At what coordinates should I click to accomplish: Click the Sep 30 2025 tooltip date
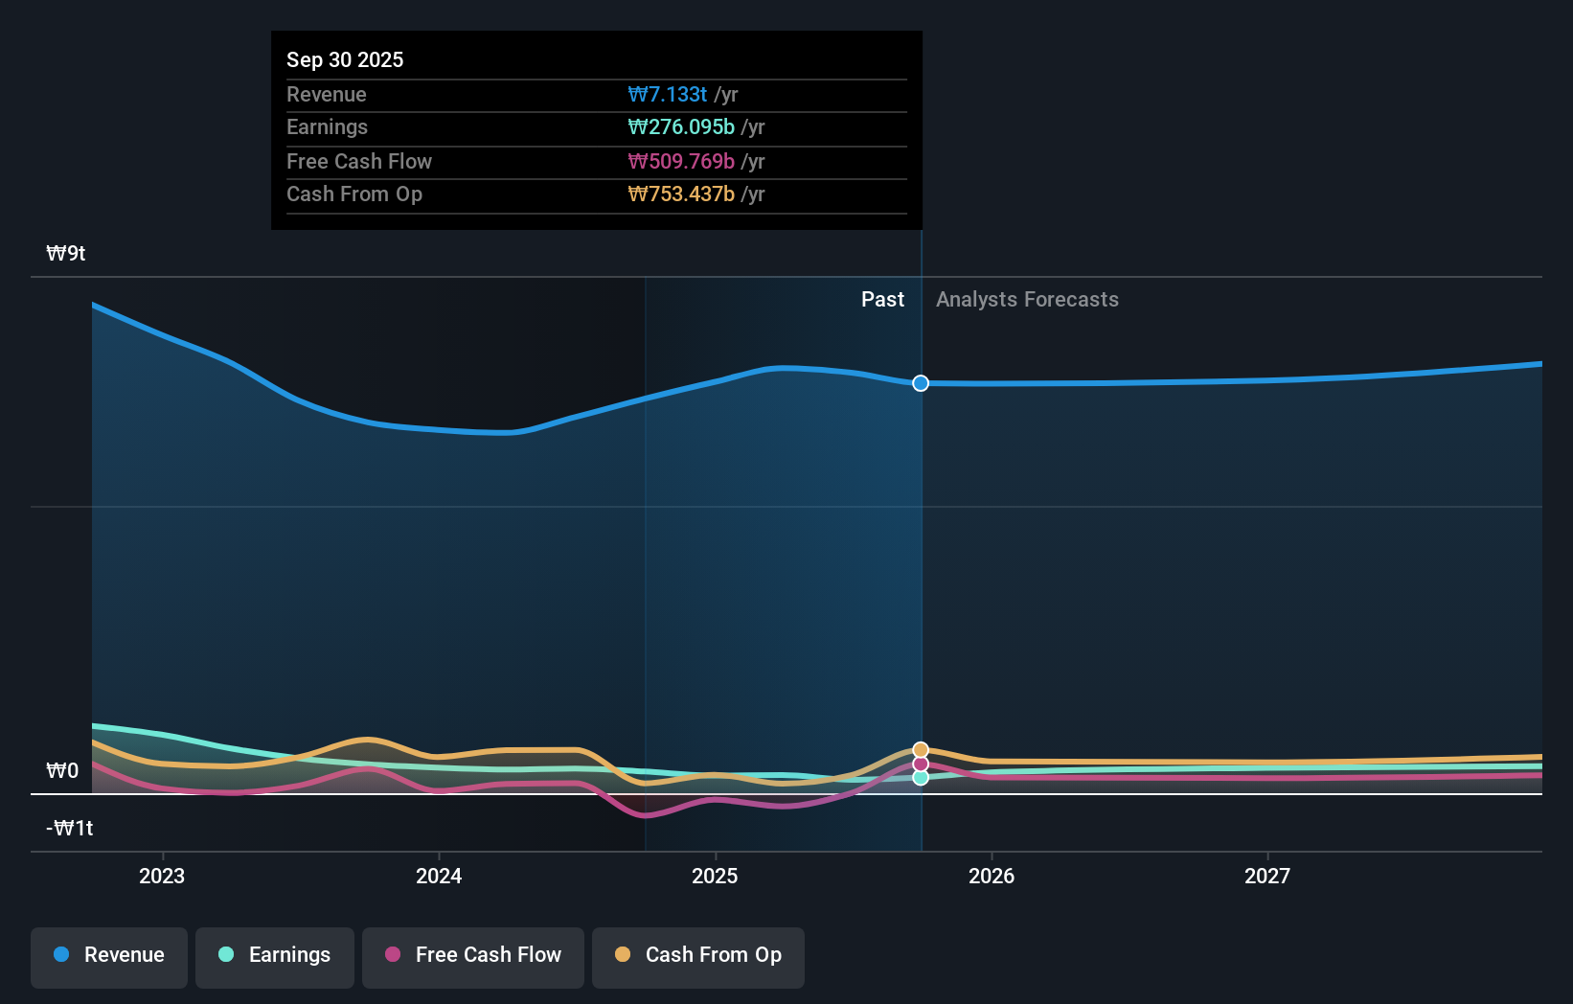coord(345,59)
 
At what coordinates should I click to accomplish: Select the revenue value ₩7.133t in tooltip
coord(668,94)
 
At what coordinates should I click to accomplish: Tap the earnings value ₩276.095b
coord(681,126)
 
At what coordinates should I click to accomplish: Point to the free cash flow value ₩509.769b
coord(681,161)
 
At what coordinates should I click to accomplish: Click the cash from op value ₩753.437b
coord(681,194)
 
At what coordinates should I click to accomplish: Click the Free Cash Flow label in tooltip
coord(359,161)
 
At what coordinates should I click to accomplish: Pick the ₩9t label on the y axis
coord(66,253)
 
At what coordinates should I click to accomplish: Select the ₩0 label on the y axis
coord(62,770)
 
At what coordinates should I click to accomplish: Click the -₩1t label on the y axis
coord(69,828)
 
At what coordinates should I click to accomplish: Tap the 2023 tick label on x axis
coord(162,876)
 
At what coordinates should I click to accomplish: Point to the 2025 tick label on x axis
coord(715,876)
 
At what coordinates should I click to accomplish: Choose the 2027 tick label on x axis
coord(1266,876)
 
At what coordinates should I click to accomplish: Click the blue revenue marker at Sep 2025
coord(921,383)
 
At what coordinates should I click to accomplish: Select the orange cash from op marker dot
coord(921,749)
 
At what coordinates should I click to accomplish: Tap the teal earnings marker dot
coord(921,778)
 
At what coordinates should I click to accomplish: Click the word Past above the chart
coord(882,299)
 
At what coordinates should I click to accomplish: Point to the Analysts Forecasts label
coord(1027,299)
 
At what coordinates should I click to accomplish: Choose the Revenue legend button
coord(109,955)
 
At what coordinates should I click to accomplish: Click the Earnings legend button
coord(275,955)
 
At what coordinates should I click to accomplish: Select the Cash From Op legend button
coord(698,955)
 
